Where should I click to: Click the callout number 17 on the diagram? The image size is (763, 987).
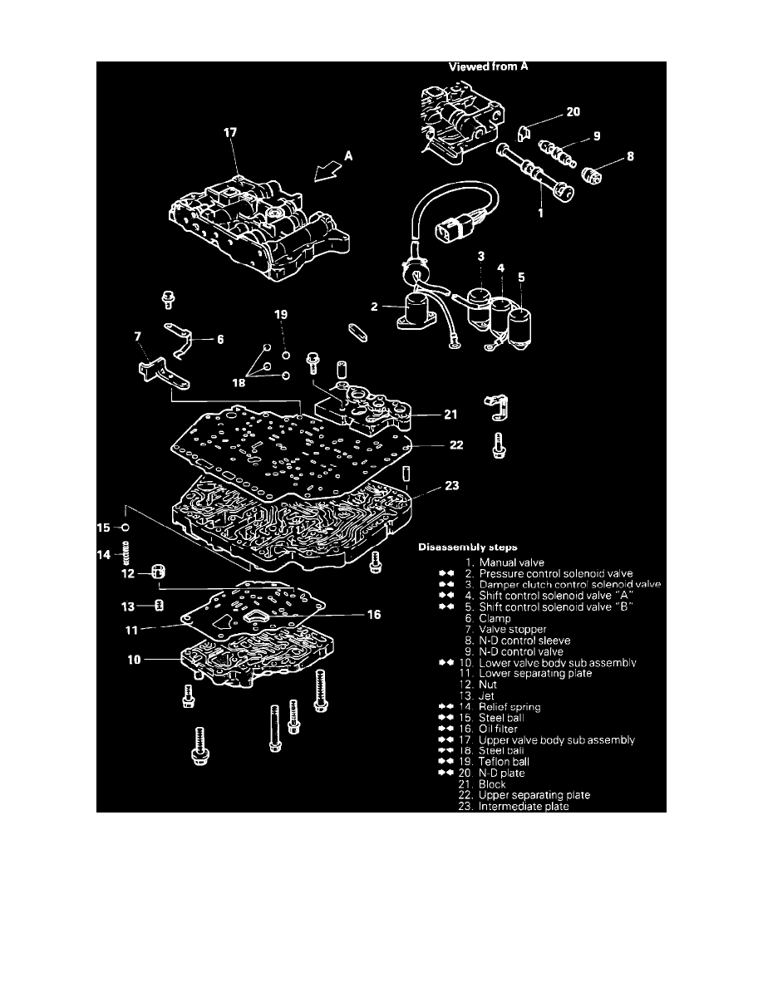tap(239, 130)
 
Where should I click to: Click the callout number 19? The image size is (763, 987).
tap(281, 315)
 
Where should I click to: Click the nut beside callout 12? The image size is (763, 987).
tap(157, 572)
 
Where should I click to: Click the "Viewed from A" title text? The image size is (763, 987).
tap(489, 68)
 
